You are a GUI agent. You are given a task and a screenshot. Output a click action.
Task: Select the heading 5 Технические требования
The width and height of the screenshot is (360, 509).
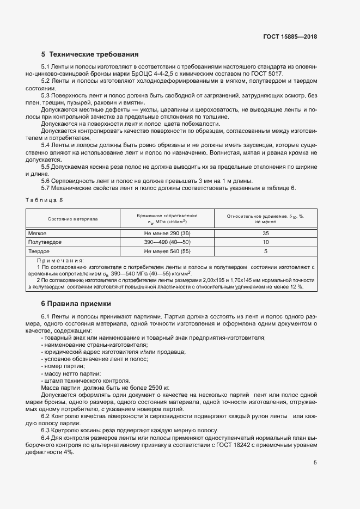(90, 54)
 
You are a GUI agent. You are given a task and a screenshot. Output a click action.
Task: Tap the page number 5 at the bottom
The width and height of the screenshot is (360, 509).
(315, 463)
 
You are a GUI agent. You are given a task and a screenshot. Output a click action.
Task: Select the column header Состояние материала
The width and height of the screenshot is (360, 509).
(72, 219)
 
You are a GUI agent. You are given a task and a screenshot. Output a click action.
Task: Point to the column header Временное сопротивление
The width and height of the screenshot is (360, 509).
(167, 216)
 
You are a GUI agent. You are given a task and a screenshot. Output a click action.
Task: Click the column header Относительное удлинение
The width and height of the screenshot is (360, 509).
(265, 216)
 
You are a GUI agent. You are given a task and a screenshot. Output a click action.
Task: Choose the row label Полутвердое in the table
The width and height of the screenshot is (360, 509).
(45, 242)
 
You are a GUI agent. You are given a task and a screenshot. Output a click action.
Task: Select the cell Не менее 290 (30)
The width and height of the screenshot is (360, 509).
(167, 233)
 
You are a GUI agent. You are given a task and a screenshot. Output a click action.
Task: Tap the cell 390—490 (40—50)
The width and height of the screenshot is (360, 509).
(167, 242)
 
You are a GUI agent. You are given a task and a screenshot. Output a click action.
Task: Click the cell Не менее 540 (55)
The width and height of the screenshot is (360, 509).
(167, 252)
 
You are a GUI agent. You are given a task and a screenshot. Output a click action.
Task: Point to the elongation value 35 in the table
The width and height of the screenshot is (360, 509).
(265, 233)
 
